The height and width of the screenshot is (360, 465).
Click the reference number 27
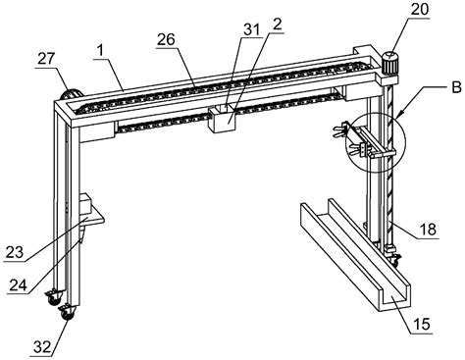[46, 59]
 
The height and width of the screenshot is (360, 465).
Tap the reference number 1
[100, 52]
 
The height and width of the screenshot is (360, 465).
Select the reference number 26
[166, 40]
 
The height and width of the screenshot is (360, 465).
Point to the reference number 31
[251, 29]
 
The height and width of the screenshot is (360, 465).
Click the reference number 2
[277, 25]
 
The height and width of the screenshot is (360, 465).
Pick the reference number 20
[420, 10]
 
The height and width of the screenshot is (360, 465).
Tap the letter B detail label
[457, 87]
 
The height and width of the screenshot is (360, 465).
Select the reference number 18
[428, 230]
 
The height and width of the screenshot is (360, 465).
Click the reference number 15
[422, 325]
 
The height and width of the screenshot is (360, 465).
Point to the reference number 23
[15, 253]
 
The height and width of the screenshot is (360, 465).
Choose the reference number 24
[18, 285]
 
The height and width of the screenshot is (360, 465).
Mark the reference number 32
[43, 346]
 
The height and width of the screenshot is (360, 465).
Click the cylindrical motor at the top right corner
[390, 63]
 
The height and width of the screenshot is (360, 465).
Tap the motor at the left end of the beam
[72, 94]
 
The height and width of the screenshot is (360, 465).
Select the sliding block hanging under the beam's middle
[222, 119]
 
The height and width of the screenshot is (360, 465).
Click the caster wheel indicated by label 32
[67, 313]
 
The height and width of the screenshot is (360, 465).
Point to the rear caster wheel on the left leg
[53, 297]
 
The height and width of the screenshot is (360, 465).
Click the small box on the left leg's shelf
[86, 203]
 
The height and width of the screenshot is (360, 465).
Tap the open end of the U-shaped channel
[394, 299]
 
